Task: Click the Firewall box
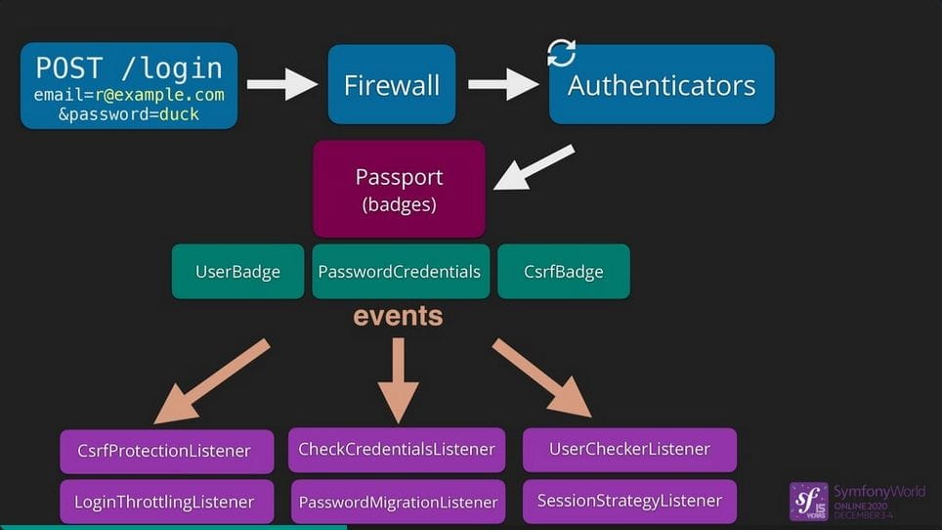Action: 392,84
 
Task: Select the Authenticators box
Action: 662,85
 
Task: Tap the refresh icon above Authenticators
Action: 561,53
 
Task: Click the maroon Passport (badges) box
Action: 399,188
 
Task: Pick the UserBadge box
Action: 237,271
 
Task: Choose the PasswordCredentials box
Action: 399,271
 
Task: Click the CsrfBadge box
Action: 564,271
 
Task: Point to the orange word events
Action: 398,316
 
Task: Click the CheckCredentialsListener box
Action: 397,450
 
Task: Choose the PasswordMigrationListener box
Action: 398,502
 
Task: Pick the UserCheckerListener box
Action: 629,449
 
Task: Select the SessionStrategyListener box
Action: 629,501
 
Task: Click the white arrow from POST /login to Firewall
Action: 282,84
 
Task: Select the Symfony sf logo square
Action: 808,501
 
